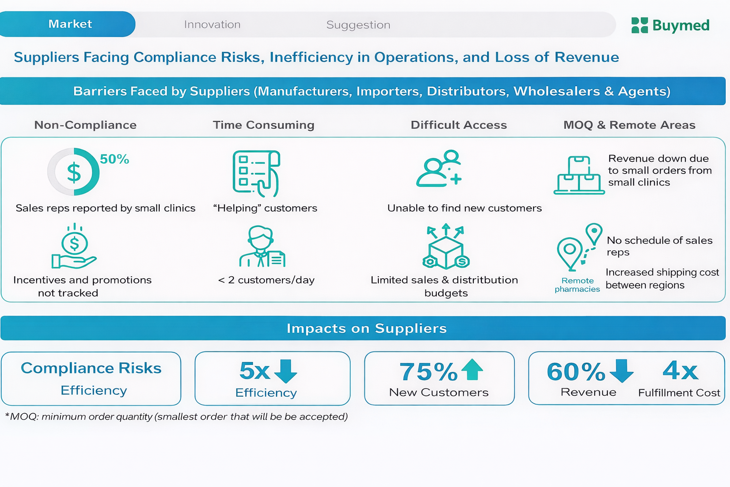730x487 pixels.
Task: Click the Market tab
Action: point(70,24)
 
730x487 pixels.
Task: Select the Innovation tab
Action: point(212,25)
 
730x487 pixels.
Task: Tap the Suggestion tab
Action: point(358,25)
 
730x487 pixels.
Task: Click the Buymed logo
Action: point(670,25)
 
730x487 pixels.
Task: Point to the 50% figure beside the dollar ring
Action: point(115,159)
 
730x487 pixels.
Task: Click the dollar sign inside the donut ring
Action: point(74,172)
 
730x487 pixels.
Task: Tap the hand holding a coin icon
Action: point(74,248)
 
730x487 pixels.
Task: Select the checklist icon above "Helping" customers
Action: point(256,173)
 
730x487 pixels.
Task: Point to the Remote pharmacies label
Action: point(577,285)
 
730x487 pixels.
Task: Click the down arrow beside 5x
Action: point(286,371)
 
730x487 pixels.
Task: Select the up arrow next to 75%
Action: point(472,370)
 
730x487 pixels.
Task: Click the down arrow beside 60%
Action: point(622,370)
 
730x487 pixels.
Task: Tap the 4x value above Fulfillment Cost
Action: point(680,370)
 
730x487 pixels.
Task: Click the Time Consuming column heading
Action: point(263,125)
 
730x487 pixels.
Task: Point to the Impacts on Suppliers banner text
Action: point(366,329)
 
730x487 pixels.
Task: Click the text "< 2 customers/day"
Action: point(266,280)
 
